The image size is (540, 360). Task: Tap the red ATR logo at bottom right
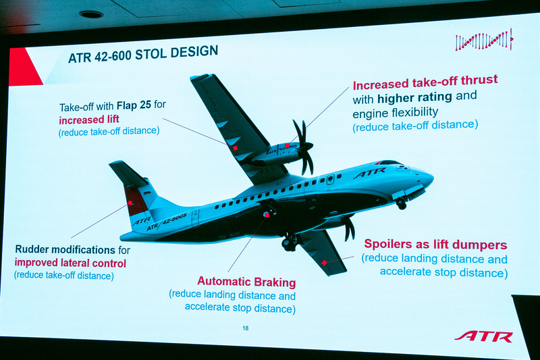point(483,336)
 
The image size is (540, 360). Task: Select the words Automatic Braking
point(246,282)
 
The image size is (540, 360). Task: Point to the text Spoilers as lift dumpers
point(435,245)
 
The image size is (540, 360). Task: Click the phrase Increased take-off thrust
point(425,84)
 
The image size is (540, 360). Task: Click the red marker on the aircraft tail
point(129,202)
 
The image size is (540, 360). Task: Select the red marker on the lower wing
point(325,262)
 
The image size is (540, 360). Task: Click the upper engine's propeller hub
point(306,146)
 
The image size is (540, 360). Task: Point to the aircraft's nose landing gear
point(402,203)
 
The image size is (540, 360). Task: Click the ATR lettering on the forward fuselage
point(369,173)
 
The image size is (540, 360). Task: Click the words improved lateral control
point(70,263)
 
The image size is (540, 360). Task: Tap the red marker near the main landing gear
point(267,214)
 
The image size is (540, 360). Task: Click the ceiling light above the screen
point(90,14)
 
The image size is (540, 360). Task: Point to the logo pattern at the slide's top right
point(483,41)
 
